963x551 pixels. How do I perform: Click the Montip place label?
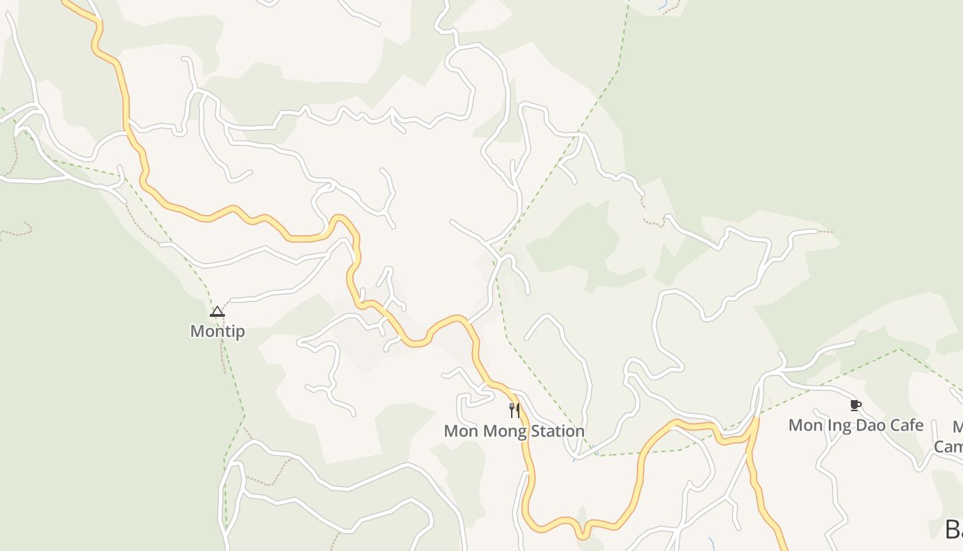[x=217, y=331]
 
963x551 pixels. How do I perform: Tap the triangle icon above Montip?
[x=217, y=312]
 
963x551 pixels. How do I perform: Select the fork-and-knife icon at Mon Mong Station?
[x=515, y=410]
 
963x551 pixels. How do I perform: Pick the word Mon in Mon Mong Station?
[x=460, y=431]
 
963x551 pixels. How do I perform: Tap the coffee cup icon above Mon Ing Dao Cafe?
[x=855, y=405]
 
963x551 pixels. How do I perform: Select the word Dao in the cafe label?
[x=869, y=425]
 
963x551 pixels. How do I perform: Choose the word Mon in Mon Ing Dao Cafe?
[x=805, y=425]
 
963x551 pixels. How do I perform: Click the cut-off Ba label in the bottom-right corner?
[x=953, y=530]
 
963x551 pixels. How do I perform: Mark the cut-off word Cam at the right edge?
[x=949, y=446]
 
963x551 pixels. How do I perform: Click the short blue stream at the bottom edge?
[x=711, y=543]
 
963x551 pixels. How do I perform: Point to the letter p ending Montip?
[x=240, y=333]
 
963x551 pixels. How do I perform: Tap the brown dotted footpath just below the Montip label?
[x=223, y=355]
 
